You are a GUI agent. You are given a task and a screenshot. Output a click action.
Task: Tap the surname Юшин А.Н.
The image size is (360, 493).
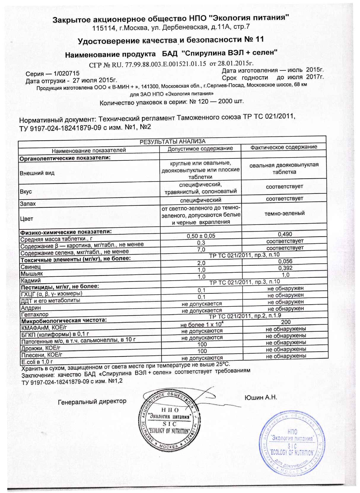261,397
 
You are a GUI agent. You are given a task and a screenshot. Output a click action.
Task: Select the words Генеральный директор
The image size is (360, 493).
92,401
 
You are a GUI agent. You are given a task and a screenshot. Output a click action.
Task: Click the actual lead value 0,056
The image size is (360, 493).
285,261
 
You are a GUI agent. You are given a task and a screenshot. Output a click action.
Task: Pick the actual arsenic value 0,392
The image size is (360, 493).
285,268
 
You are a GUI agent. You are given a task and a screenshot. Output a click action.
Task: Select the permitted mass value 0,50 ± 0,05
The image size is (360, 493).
201,236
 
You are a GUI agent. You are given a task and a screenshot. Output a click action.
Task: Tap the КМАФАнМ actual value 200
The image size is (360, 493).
286,322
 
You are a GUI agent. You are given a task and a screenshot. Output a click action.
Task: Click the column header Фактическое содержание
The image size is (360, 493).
284,147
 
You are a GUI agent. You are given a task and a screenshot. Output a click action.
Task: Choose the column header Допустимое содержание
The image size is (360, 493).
200,148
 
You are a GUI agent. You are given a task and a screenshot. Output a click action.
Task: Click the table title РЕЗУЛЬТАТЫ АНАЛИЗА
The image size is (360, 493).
172,141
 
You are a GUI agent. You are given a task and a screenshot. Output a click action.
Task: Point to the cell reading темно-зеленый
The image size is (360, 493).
284,213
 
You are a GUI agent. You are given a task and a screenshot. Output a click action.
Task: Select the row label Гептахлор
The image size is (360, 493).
34,314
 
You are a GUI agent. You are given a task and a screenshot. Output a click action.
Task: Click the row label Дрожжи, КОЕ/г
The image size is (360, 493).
40,348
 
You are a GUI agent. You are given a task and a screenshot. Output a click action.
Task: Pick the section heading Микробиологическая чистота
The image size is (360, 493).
63,320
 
